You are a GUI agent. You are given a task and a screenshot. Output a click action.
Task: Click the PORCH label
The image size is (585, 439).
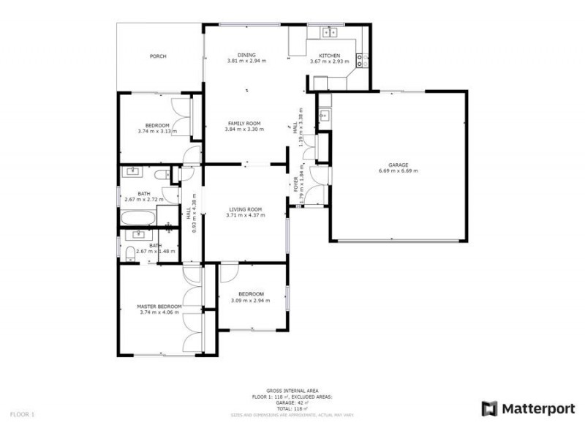click(x=158, y=56)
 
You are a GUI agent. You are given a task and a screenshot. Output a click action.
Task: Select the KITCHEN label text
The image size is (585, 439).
click(x=330, y=56)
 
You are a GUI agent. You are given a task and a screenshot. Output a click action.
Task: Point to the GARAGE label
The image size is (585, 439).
click(x=399, y=165)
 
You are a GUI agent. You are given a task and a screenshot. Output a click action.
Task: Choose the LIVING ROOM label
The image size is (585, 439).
click(x=244, y=210)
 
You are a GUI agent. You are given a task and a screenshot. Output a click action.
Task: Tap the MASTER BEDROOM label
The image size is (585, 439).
click(x=159, y=307)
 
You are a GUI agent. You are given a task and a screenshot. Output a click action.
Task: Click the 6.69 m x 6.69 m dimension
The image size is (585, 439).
click(x=399, y=171)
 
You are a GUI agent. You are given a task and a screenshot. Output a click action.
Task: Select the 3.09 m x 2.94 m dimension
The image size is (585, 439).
click(x=252, y=301)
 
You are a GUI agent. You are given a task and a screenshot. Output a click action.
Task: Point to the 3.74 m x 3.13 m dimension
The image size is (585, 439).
click(x=157, y=132)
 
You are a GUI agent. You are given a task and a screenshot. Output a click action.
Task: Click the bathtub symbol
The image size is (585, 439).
click(x=138, y=217)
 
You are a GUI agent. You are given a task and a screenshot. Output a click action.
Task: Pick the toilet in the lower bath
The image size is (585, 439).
click(x=129, y=252)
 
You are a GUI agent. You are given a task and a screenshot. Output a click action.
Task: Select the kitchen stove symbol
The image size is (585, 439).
click(x=360, y=59)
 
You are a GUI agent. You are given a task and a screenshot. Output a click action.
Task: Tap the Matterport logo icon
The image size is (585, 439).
click(x=489, y=409)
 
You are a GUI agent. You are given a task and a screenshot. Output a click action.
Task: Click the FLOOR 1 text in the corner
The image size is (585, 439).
click(x=22, y=414)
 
